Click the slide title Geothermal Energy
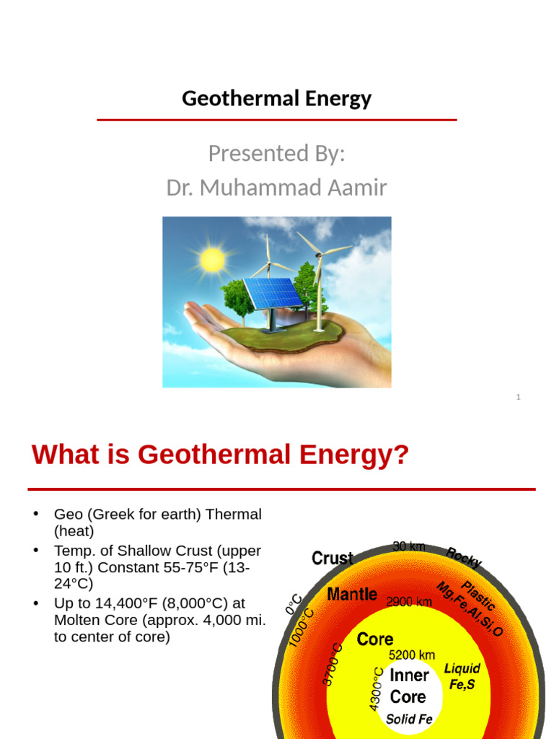tap(276, 98)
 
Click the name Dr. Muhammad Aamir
tap(276, 188)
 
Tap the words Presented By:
tap(276, 153)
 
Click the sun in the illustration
tap(213, 260)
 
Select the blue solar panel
tap(273, 292)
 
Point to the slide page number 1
tap(518, 397)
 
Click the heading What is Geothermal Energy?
tap(220, 455)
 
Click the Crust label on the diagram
tap(332, 558)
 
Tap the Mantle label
tap(352, 595)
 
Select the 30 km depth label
tap(409, 546)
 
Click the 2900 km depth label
tap(409, 601)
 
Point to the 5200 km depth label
tap(412, 655)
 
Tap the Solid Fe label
tap(409, 719)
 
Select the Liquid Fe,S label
tap(462, 676)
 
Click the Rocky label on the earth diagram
tap(463, 557)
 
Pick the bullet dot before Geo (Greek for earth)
tap(34, 514)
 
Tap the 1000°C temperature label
tap(301, 628)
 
